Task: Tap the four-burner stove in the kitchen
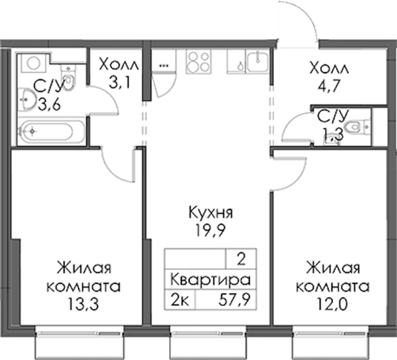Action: click(x=198, y=61)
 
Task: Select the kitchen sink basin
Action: click(x=257, y=61)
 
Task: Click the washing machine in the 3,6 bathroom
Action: click(x=33, y=63)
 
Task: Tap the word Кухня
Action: click(x=211, y=212)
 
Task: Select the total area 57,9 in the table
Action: click(x=234, y=300)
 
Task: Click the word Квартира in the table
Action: click(x=210, y=280)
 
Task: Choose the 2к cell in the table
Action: click(x=180, y=300)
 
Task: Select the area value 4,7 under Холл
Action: click(x=329, y=86)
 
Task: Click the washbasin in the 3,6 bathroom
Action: click(x=26, y=100)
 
